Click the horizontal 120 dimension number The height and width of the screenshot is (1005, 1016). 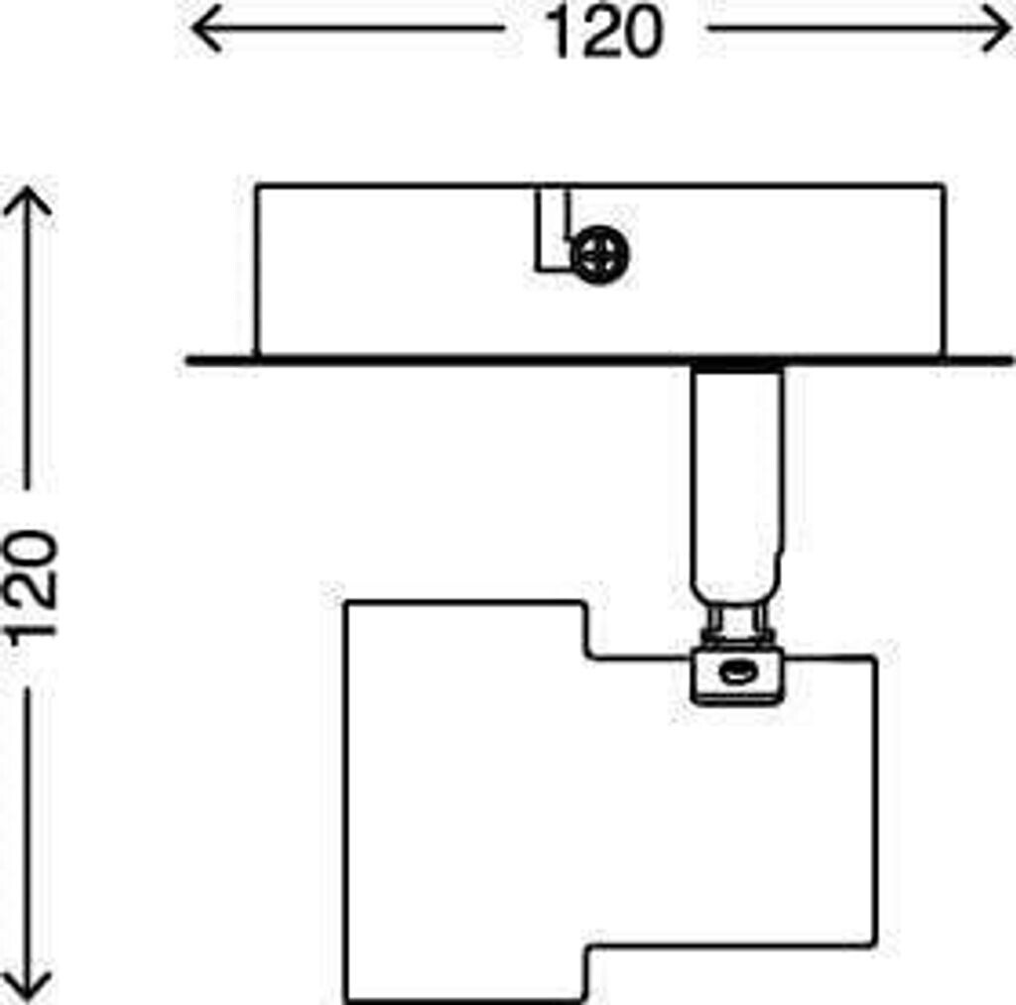[x=602, y=33]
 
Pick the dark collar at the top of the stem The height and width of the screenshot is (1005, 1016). [x=738, y=367]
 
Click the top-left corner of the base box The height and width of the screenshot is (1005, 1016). [x=256, y=186]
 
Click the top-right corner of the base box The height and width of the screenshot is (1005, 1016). [x=943, y=186]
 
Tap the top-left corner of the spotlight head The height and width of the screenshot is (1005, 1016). [x=346, y=603]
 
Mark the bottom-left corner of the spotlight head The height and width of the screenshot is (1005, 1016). [x=346, y=1000]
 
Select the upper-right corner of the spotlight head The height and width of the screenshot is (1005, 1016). [x=875, y=658]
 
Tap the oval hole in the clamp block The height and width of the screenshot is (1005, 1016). [x=735, y=674]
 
